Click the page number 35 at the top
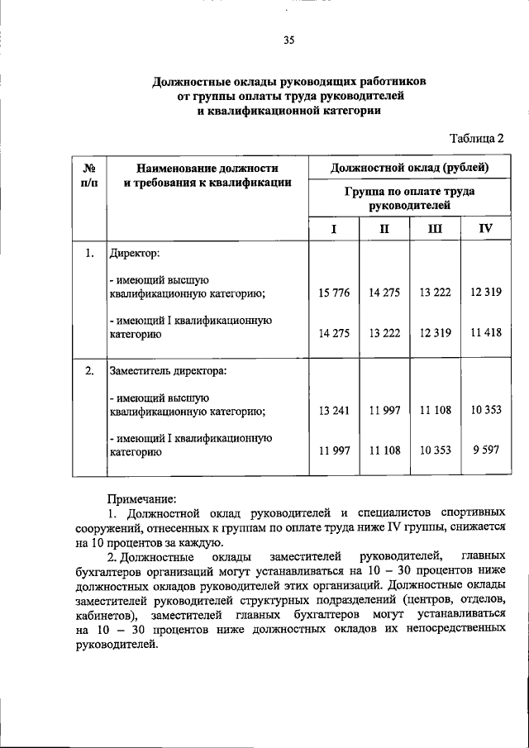pos(288,39)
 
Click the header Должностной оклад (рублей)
pos(409,169)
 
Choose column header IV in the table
pos(485,229)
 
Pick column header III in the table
pos(435,229)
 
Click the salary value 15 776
pos(334,293)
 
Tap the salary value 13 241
pos(334,411)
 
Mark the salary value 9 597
pos(485,451)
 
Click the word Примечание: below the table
pos(142,498)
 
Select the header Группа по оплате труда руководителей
pos(409,197)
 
